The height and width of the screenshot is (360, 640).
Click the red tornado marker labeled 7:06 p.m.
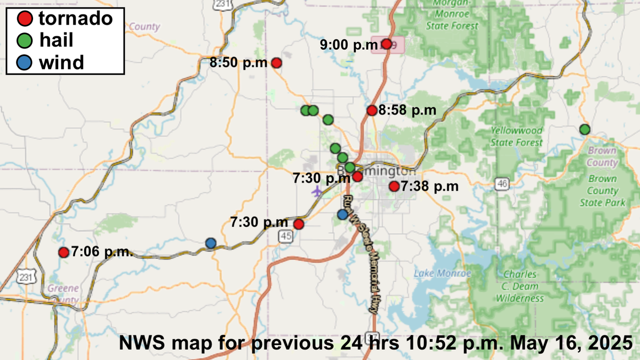[63, 252]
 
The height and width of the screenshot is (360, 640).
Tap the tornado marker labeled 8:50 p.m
[277, 63]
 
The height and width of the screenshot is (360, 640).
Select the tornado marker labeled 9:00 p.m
[387, 44]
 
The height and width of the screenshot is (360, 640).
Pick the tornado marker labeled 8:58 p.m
[372, 110]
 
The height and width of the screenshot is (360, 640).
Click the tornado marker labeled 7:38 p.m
[394, 186]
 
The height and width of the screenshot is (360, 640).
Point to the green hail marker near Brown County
[585, 129]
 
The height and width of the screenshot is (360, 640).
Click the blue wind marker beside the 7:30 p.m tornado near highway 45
[211, 243]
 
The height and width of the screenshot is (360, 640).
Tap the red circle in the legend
[22, 19]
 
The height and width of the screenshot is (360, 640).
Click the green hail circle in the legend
[22, 41]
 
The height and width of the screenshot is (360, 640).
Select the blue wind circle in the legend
[22, 62]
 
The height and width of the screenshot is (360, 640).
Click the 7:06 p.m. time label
[101, 252]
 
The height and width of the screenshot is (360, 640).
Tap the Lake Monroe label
[443, 274]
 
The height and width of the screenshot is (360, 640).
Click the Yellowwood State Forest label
[516, 137]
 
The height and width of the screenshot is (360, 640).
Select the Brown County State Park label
[603, 190]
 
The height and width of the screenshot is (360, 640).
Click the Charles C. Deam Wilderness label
[520, 286]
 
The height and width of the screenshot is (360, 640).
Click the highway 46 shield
[501, 184]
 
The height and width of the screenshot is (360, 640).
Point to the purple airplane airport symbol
[318, 191]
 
